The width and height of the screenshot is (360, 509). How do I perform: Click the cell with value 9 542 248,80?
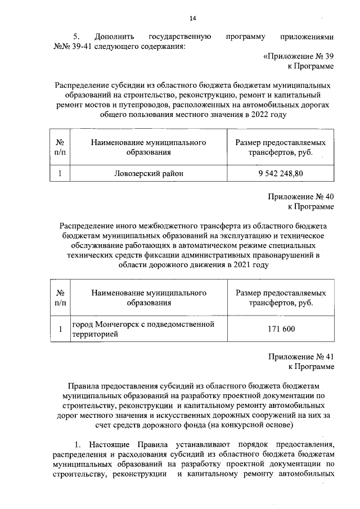click(x=277, y=173)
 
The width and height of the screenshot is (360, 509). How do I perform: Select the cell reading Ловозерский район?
click(x=148, y=173)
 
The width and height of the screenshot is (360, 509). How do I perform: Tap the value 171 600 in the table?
click(x=277, y=329)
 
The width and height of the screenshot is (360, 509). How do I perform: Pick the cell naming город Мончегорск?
click(x=148, y=329)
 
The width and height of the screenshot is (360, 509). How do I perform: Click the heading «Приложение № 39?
click(x=298, y=57)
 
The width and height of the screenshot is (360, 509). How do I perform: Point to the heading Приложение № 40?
click(x=301, y=197)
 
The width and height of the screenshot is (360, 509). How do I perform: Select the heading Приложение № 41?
click(x=301, y=357)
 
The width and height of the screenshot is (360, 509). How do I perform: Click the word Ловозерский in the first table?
click(x=137, y=173)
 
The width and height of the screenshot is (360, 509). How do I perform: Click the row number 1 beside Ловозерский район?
click(x=60, y=173)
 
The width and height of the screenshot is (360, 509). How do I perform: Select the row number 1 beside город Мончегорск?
click(x=60, y=329)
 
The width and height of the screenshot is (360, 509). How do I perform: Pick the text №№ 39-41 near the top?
click(x=70, y=47)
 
